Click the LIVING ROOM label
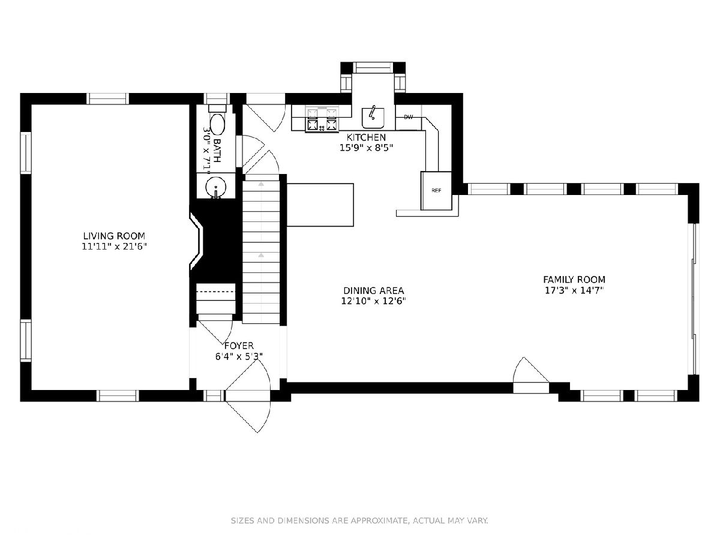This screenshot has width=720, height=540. pyautogui.click(x=114, y=236)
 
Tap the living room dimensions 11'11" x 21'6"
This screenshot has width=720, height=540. pyautogui.click(x=114, y=247)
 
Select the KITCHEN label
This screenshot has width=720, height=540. pyautogui.click(x=366, y=137)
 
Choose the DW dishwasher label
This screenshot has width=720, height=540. pyautogui.click(x=409, y=117)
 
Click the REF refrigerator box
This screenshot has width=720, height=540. pyautogui.click(x=436, y=190)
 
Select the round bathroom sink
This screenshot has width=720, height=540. pyautogui.click(x=216, y=187)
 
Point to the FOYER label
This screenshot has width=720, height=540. pyautogui.click(x=239, y=346)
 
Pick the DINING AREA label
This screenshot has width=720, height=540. pyautogui.click(x=374, y=291)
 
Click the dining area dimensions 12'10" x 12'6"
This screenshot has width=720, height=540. pyautogui.click(x=374, y=301)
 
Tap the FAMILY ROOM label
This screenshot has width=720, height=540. pyautogui.click(x=574, y=280)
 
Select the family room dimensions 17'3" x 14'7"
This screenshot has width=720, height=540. pyautogui.click(x=574, y=290)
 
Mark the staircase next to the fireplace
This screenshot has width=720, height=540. pyautogui.click(x=261, y=249)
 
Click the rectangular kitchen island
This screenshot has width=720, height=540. pyautogui.click(x=320, y=205)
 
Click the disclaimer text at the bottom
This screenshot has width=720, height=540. pyautogui.click(x=359, y=520)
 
